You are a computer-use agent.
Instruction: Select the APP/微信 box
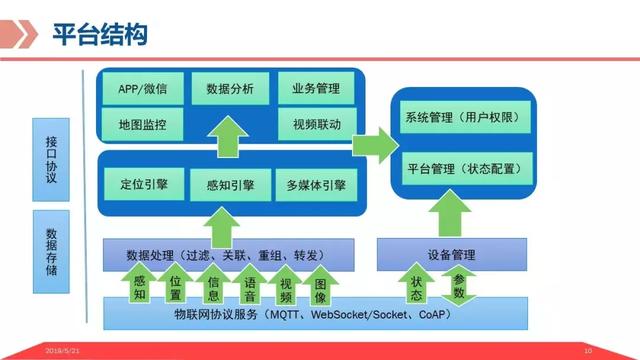point(142,90)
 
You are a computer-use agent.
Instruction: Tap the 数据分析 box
point(229,90)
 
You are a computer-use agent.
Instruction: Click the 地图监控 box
point(142,125)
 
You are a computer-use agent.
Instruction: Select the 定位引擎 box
point(142,185)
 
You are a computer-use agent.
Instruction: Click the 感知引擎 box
point(229,185)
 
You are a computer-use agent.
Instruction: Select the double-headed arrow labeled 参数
point(459,286)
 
